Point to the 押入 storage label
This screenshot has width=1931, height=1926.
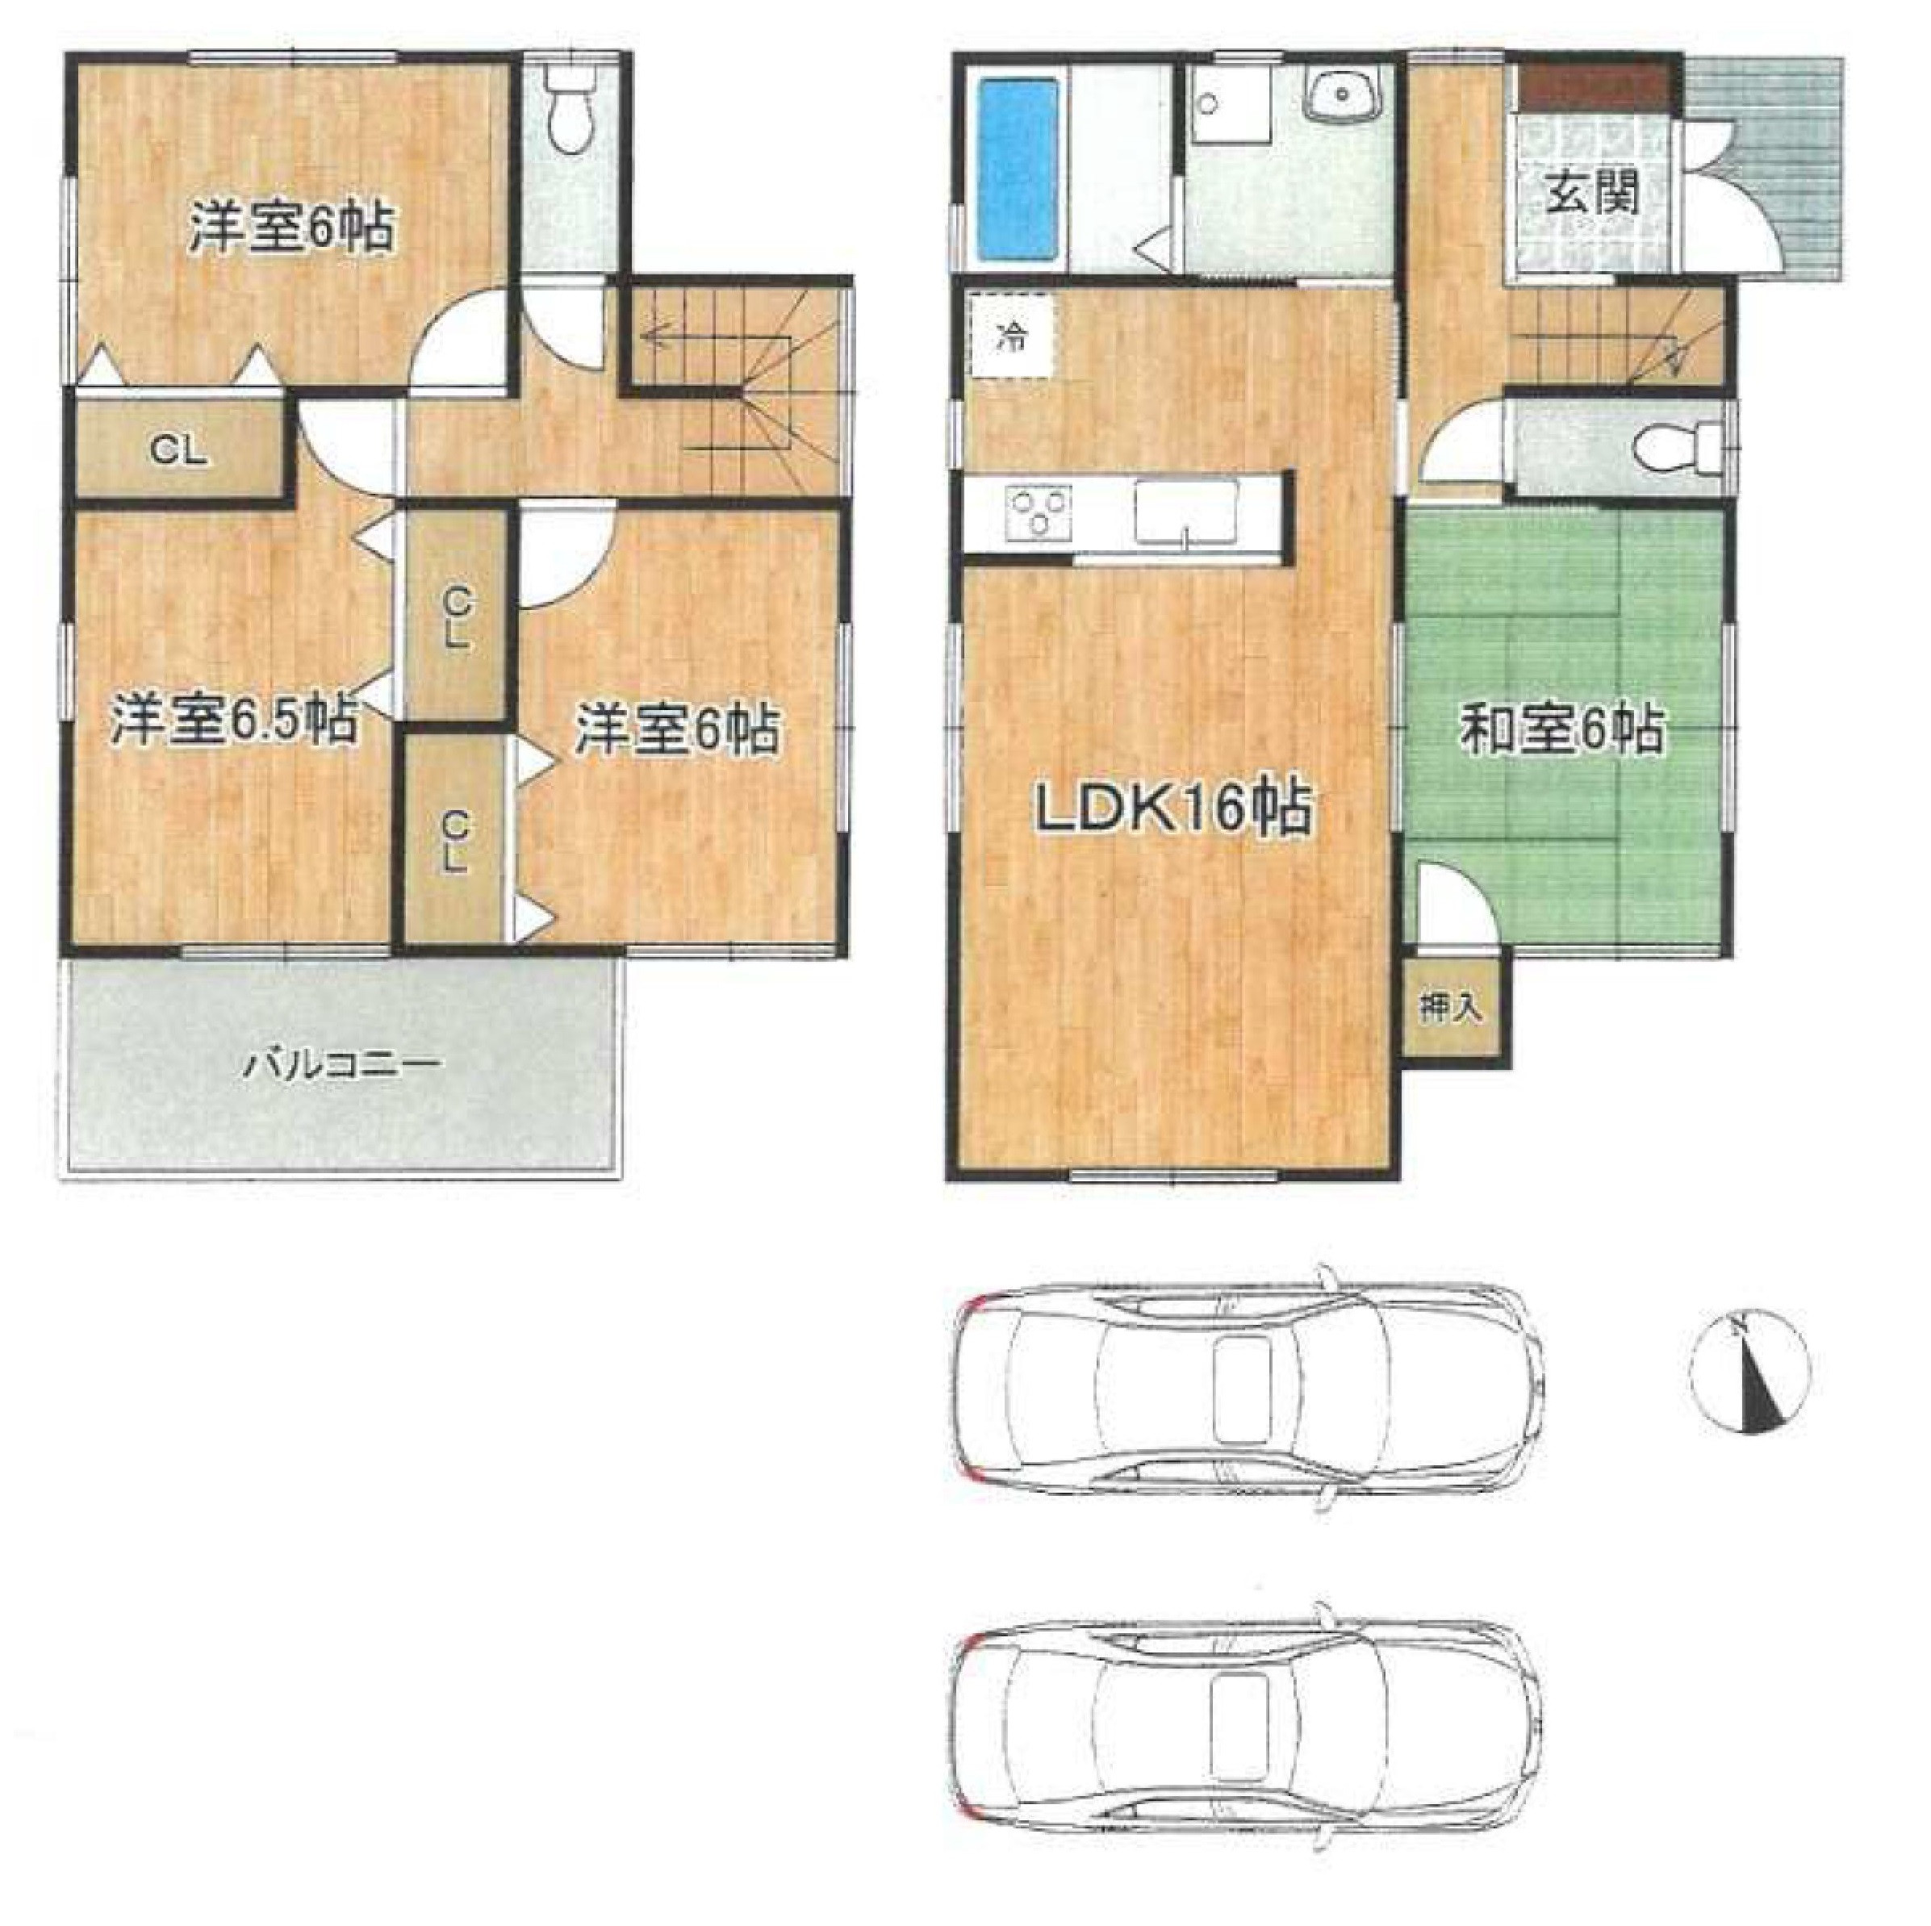tap(1450, 1009)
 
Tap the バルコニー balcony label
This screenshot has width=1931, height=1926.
tap(343, 1063)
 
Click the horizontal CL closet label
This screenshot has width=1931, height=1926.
tap(179, 452)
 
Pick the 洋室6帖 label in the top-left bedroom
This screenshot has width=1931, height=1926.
tap(290, 228)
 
